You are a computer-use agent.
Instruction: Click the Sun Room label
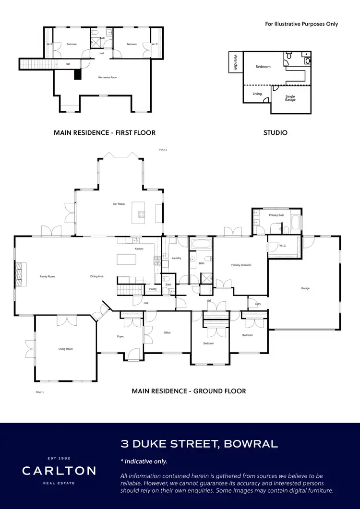(119, 204)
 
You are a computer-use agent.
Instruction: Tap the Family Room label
(47, 277)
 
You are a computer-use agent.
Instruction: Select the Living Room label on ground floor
(66, 349)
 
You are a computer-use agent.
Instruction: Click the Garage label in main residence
(305, 288)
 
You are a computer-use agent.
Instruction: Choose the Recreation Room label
(108, 77)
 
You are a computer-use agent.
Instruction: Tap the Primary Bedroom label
(241, 265)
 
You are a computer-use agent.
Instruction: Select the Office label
(167, 332)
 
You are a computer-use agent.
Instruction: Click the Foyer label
(120, 336)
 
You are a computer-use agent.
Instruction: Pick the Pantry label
(153, 289)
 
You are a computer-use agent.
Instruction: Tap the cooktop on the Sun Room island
(142, 215)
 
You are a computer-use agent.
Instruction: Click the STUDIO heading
(276, 132)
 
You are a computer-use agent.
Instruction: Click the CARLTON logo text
(59, 471)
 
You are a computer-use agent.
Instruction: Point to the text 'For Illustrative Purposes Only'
(301, 24)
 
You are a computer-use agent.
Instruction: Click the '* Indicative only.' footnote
(144, 461)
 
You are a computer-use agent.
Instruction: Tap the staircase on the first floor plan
(36, 64)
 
